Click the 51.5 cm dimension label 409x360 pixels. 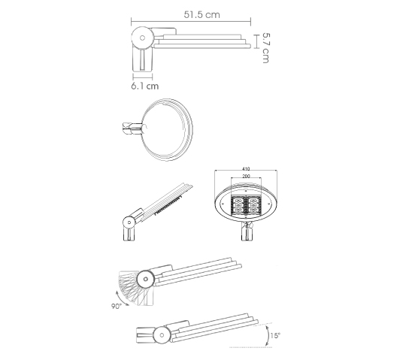201,14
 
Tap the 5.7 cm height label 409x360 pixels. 266,48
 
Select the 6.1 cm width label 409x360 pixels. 145,86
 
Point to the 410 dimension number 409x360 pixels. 246,168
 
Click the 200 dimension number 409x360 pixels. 246,176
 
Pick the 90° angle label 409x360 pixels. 117,306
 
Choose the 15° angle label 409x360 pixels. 275,335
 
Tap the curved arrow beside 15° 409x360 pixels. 267,335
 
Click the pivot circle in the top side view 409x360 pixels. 142,38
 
